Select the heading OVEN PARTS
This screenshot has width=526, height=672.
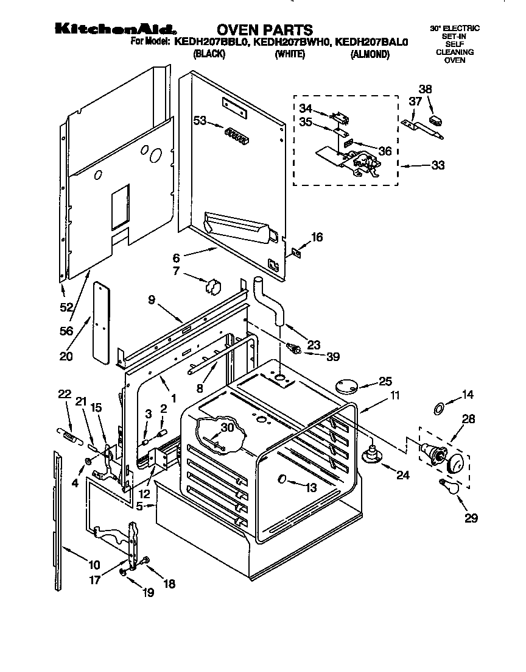point(265,29)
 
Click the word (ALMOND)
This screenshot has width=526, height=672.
point(370,55)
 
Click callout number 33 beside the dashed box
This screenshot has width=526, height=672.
point(437,165)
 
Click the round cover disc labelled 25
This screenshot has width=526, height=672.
point(348,385)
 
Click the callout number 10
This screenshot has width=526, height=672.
point(95,565)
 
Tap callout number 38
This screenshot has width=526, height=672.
point(425,89)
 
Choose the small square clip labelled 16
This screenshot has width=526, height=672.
point(296,251)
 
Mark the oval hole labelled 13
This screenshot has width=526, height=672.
point(282,480)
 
